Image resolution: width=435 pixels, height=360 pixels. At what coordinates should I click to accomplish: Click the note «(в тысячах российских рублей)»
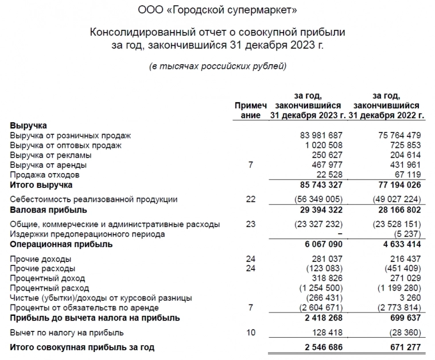(217, 66)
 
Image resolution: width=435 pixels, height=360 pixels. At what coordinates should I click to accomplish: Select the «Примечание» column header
(251, 110)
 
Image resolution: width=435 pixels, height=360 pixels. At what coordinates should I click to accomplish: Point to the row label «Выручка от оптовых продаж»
(66, 145)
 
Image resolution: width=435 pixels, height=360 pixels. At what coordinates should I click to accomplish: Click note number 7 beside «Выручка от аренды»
(251, 165)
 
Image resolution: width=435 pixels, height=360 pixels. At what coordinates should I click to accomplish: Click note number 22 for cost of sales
(251, 199)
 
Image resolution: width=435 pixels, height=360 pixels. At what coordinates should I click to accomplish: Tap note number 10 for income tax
(251, 332)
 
